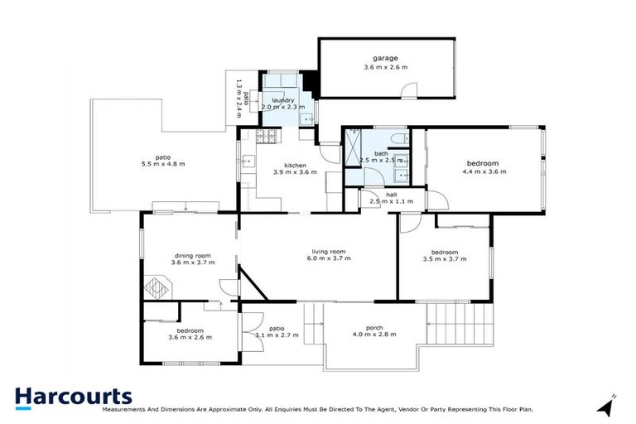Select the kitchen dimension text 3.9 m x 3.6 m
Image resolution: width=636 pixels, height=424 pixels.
pos(296,172)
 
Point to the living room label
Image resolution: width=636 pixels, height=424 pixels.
pos(329,251)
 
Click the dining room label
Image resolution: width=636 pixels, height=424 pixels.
pos(193,255)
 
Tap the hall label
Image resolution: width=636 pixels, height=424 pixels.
pos(380,195)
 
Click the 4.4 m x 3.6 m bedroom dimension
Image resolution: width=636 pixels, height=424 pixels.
pos(484,172)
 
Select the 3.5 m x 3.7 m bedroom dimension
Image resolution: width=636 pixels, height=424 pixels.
pos(445,259)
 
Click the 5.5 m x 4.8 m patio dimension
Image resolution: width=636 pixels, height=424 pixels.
pos(163,164)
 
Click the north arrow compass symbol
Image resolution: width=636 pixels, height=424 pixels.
pos(608,405)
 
